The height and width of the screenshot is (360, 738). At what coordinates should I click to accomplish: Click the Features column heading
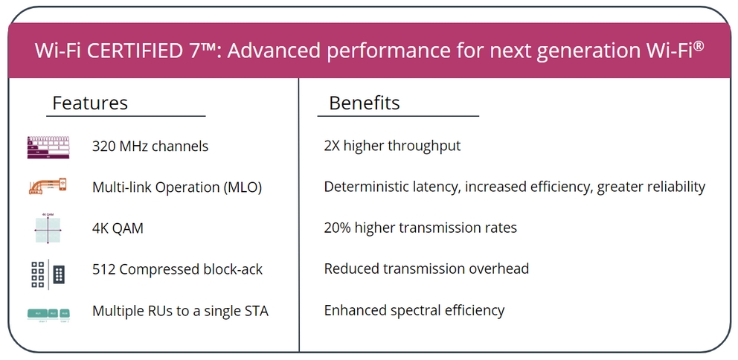pos(90,103)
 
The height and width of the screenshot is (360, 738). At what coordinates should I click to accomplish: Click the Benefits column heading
pos(365,103)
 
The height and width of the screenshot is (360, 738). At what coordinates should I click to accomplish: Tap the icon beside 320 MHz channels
pos(49,147)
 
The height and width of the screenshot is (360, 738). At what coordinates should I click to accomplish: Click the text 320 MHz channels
pos(150,147)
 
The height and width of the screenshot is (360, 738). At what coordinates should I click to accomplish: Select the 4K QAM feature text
pos(118,228)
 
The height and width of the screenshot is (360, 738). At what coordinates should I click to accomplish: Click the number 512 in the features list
pos(103,269)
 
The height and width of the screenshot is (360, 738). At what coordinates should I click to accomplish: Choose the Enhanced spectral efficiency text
pos(414,311)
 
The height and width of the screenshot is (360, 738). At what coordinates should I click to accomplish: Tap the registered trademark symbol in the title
pos(699,45)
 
